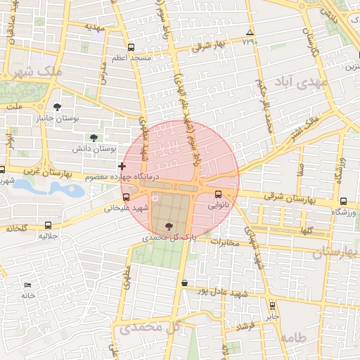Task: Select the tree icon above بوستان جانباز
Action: [57, 108]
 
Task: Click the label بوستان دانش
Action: [94, 149]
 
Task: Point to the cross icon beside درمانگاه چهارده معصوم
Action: [122, 166]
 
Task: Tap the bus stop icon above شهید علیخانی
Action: [126, 198]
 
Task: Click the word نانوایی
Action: [217, 207]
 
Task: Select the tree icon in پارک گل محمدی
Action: [168, 226]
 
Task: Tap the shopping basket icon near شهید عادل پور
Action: [184, 283]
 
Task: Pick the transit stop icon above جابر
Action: [273, 305]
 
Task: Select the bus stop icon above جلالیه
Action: [48, 226]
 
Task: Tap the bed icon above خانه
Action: [27, 285]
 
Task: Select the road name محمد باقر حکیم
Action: [264, 106]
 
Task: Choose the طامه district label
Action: [292, 337]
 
